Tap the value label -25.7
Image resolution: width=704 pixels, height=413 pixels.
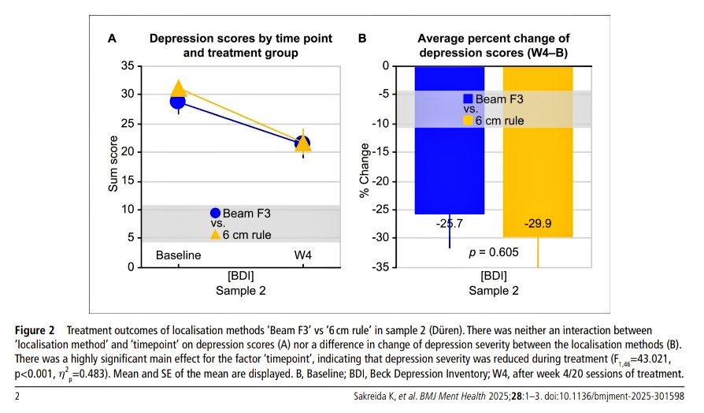click(x=450, y=224)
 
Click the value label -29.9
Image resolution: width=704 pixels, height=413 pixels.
click(x=539, y=224)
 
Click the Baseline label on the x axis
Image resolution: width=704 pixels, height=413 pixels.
click(x=179, y=255)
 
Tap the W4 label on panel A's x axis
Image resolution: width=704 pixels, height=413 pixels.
click(x=302, y=255)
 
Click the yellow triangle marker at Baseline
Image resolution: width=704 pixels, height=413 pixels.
click(x=179, y=88)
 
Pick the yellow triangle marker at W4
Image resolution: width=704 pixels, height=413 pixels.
click(x=302, y=145)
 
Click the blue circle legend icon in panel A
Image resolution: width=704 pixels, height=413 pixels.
click(x=215, y=213)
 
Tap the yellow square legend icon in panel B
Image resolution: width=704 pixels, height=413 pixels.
click(x=468, y=120)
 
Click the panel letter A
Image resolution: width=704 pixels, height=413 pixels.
click(x=112, y=38)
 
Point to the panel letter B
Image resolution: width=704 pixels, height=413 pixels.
click(x=362, y=38)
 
